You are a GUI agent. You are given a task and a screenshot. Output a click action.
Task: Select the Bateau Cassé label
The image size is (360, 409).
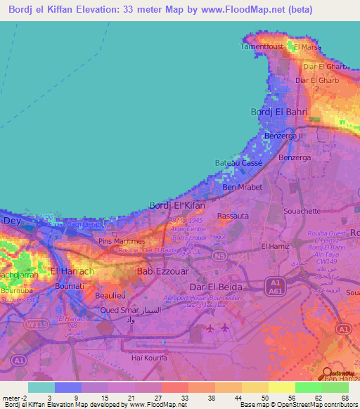[x=238, y=162]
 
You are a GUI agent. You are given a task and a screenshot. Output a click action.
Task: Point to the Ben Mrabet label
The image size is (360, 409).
[x=242, y=188]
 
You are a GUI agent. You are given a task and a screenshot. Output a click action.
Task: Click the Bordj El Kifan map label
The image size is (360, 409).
[x=178, y=205]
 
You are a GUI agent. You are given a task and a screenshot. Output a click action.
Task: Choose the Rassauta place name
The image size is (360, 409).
[x=233, y=216]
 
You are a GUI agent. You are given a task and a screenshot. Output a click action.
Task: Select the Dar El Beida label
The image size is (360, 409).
[x=216, y=287]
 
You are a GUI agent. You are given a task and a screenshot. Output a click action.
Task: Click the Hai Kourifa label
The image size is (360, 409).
[x=150, y=358]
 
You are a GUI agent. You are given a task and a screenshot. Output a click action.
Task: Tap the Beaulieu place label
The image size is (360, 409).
[x=110, y=296]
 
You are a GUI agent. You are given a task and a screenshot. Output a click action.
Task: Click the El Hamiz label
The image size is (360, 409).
[x=275, y=246]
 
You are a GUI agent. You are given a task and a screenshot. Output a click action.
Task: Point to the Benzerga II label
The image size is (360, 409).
[x=284, y=136]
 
